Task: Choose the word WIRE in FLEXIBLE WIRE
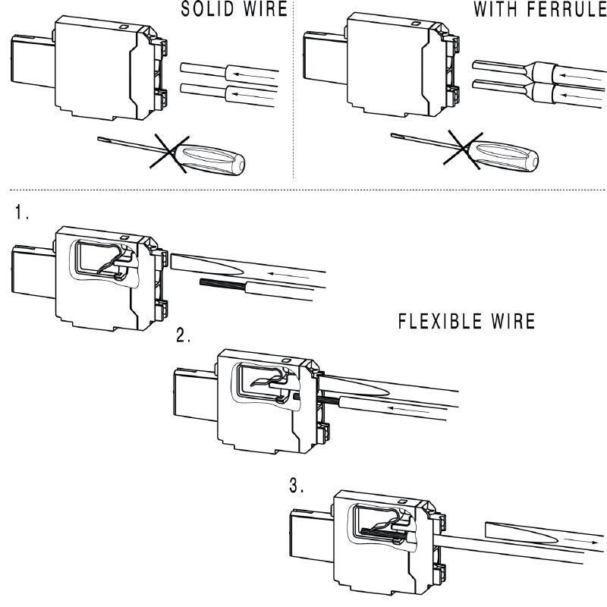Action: point(513,321)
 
